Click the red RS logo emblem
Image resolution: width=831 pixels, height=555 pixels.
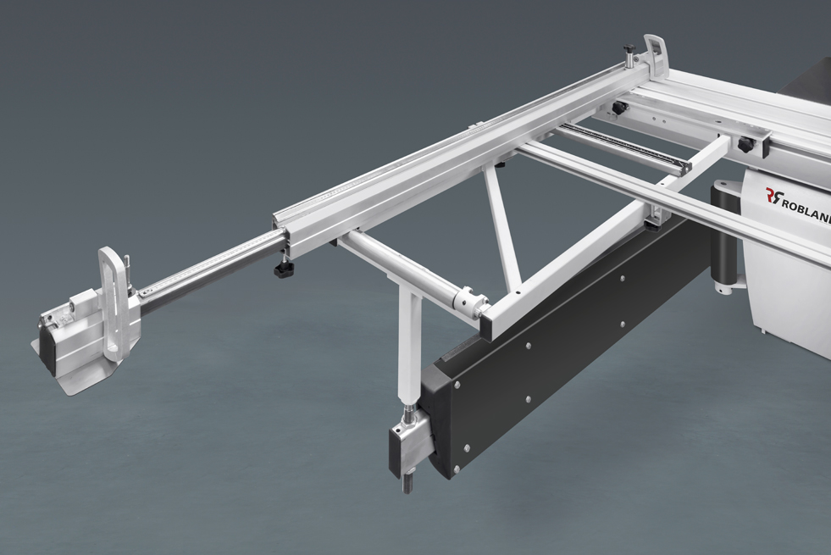[774, 197]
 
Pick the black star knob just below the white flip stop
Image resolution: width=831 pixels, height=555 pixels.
[619, 108]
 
